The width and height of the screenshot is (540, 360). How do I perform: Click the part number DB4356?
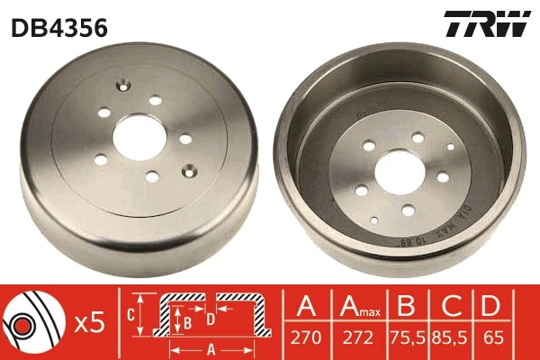59,27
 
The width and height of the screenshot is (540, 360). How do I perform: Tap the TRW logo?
486,25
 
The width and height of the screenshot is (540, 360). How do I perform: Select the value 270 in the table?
306,339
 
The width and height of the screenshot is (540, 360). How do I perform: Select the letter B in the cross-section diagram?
186,320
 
